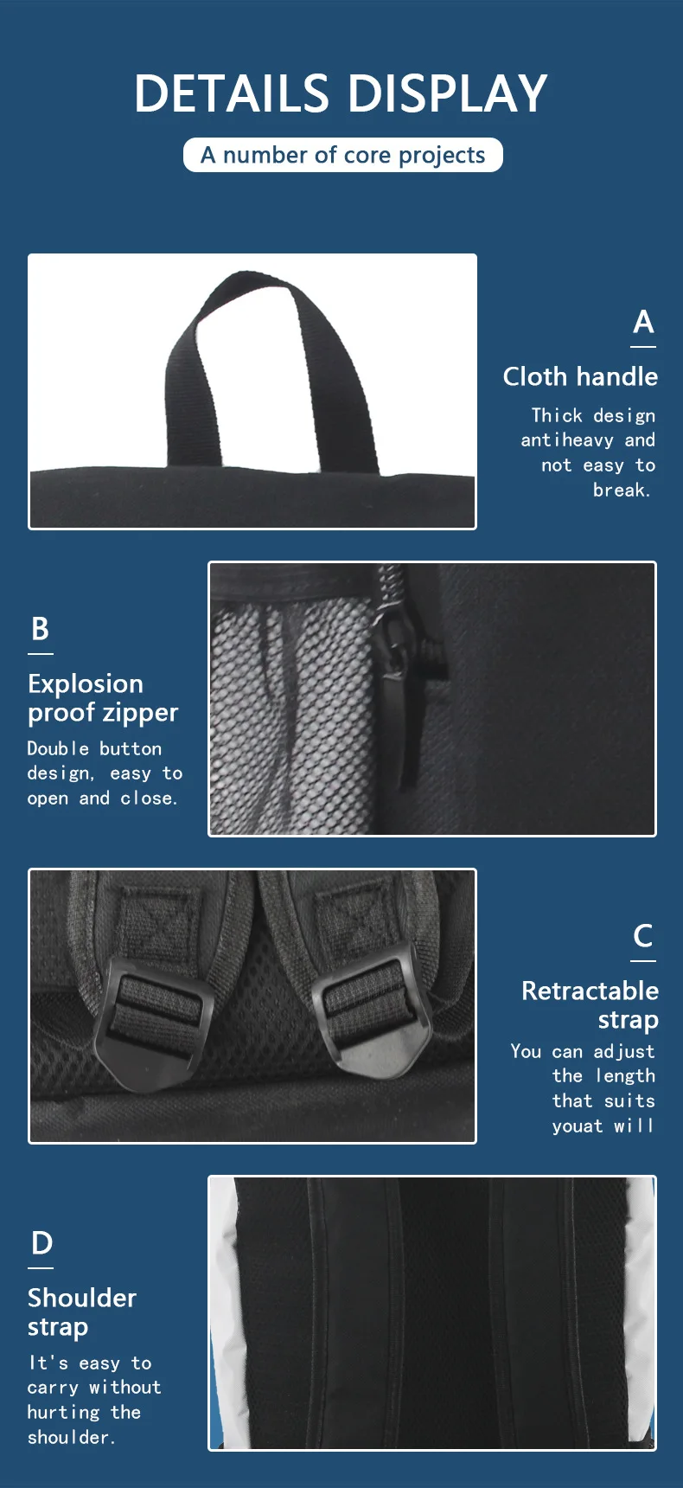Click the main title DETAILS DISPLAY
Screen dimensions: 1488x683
(x=341, y=93)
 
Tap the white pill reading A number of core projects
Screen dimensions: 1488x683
(x=342, y=155)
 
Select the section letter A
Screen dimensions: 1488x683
(x=642, y=322)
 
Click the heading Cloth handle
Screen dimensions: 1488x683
(x=579, y=376)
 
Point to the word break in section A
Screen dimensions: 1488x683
(x=620, y=490)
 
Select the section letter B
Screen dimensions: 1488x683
(x=40, y=629)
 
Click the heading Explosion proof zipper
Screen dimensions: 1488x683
(x=102, y=698)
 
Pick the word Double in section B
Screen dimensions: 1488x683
(x=57, y=748)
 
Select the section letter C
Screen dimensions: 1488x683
(x=642, y=936)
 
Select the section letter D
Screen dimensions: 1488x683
(x=41, y=1243)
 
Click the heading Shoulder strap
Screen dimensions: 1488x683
(x=81, y=1312)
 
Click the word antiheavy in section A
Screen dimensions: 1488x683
(x=566, y=439)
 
